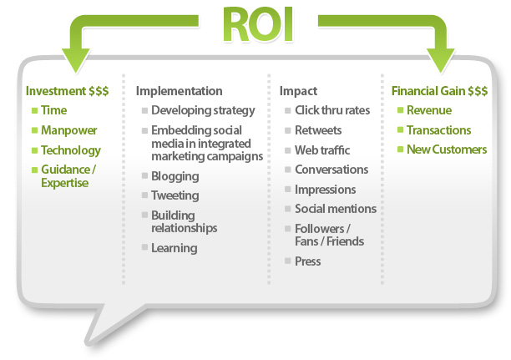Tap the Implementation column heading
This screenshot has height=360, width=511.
[179, 91]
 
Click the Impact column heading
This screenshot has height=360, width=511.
[299, 91]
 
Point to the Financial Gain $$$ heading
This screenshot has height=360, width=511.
[438, 91]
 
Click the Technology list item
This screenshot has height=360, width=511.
[71, 150]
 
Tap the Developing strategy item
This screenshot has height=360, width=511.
[203, 110]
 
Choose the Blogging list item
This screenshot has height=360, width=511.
[175, 176]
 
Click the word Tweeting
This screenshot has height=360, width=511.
[175, 195]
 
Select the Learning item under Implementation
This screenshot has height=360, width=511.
[174, 248]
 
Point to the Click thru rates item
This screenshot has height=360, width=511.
[331, 110]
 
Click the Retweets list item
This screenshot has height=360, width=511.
[318, 130]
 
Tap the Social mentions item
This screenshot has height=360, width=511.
[335, 209]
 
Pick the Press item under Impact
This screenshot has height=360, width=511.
[307, 261]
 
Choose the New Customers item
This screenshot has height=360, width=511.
[447, 150]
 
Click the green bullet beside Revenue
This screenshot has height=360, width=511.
[400, 110]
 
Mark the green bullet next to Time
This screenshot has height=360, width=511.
[34, 110]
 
